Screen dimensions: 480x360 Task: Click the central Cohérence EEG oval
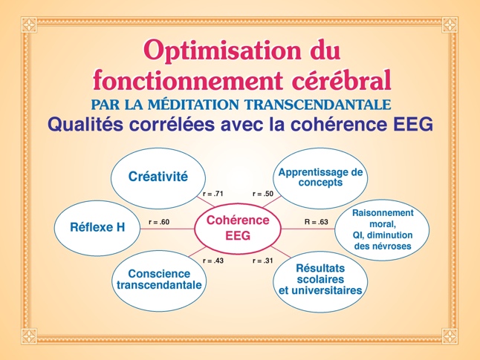point(238,229)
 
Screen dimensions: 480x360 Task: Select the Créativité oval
point(158,178)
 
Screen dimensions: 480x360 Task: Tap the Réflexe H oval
point(97,228)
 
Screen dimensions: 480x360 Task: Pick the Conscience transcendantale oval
point(159,281)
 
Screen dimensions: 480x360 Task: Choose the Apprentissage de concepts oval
point(320,178)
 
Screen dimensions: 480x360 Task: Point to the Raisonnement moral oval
point(382,229)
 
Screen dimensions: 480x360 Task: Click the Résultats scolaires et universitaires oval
point(320,281)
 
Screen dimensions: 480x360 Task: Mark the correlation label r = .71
point(213,194)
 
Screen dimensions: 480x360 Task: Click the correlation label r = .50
point(263,194)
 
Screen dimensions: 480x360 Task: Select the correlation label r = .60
point(159,222)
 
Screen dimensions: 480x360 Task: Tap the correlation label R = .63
point(317,222)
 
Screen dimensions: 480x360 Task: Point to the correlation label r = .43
point(213,261)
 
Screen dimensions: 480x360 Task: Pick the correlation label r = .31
point(263,261)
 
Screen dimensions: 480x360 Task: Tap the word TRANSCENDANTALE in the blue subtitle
point(318,105)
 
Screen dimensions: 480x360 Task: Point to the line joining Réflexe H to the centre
point(167,229)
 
